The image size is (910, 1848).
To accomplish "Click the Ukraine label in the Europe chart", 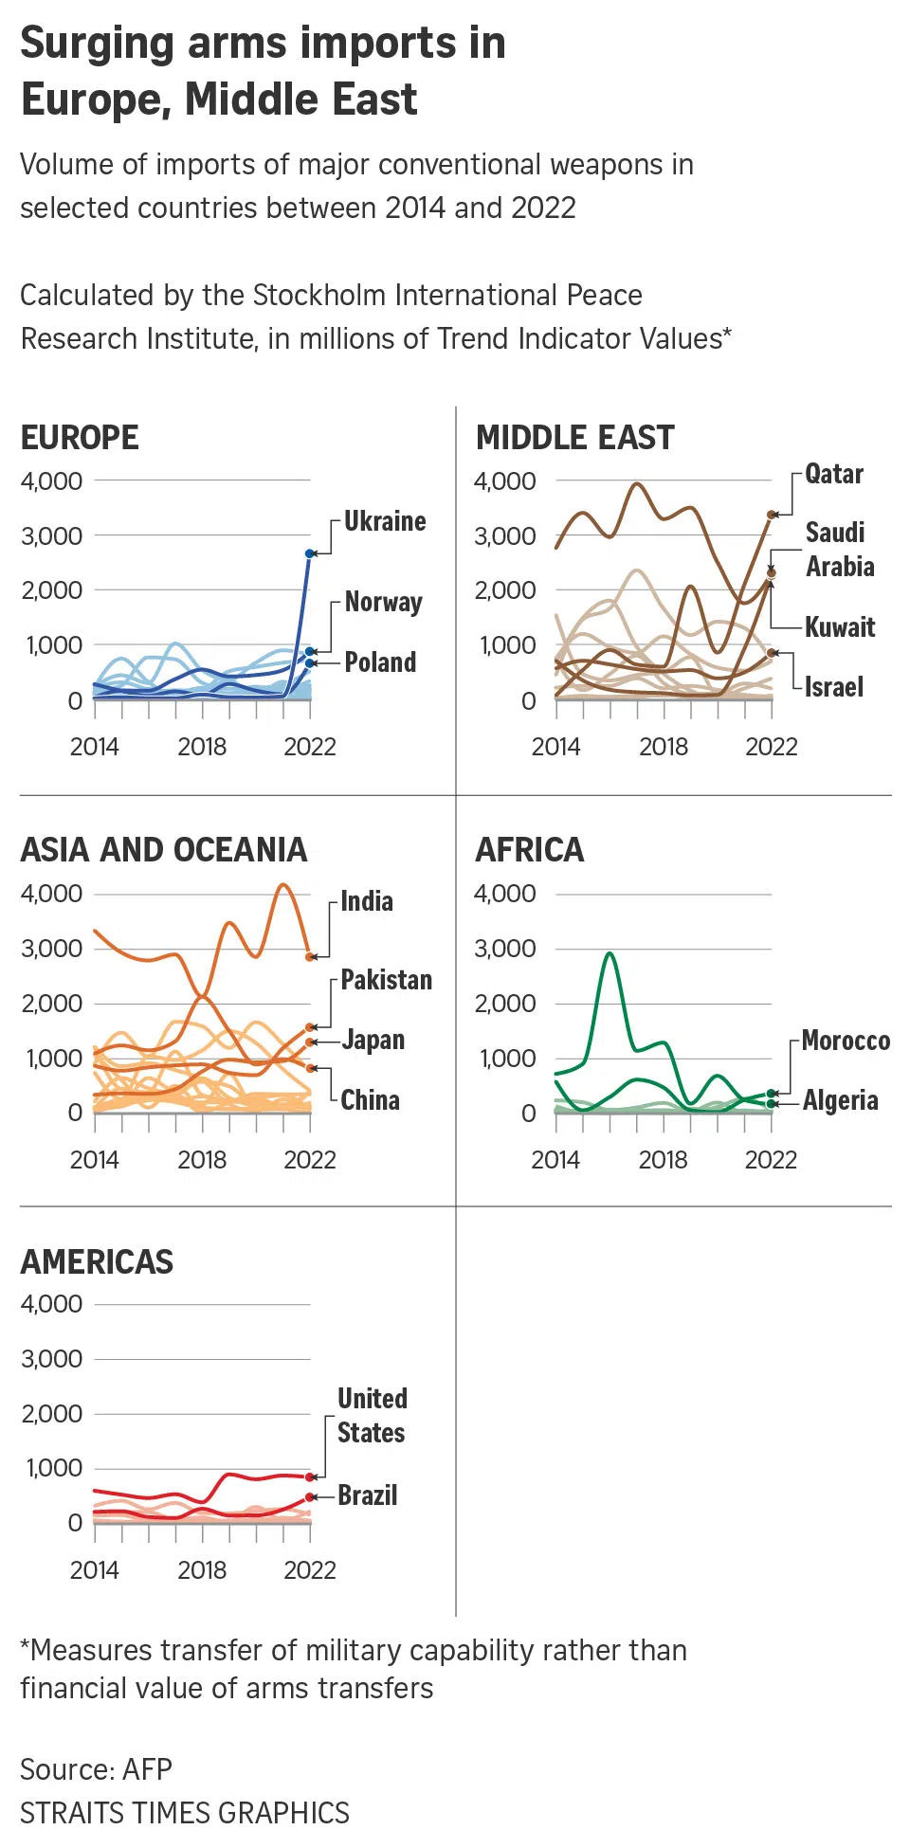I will [x=385, y=521].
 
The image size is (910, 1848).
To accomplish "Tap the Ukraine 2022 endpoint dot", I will [x=310, y=553].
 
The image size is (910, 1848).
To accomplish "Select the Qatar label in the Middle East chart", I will [x=834, y=474].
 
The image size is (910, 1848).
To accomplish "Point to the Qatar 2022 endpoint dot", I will [x=772, y=515].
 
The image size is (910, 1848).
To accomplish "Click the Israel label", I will [x=834, y=687].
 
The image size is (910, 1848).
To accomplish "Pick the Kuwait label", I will [x=840, y=627].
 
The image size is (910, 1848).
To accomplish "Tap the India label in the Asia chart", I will [x=367, y=901].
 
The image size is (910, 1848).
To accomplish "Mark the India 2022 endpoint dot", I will [x=310, y=957].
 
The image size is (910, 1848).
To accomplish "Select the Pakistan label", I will [x=387, y=980].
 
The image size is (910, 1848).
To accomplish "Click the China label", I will [x=371, y=1100].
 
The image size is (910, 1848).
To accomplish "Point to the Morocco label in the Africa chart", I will [x=846, y=1041].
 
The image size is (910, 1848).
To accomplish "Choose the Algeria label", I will [x=841, y=1100].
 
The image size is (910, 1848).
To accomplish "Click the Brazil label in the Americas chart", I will [x=368, y=1495].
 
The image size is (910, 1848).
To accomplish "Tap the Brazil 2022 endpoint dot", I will [x=310, y=1497].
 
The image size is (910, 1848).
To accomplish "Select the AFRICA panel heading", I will [x=530, y=850].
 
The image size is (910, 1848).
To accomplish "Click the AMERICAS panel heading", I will [x=98, y=1262].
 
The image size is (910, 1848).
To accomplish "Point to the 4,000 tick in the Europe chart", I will [x=52, y=481].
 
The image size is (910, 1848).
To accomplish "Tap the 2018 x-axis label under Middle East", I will [x=664, y=747].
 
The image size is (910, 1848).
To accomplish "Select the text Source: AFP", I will [x=97, y=1769].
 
